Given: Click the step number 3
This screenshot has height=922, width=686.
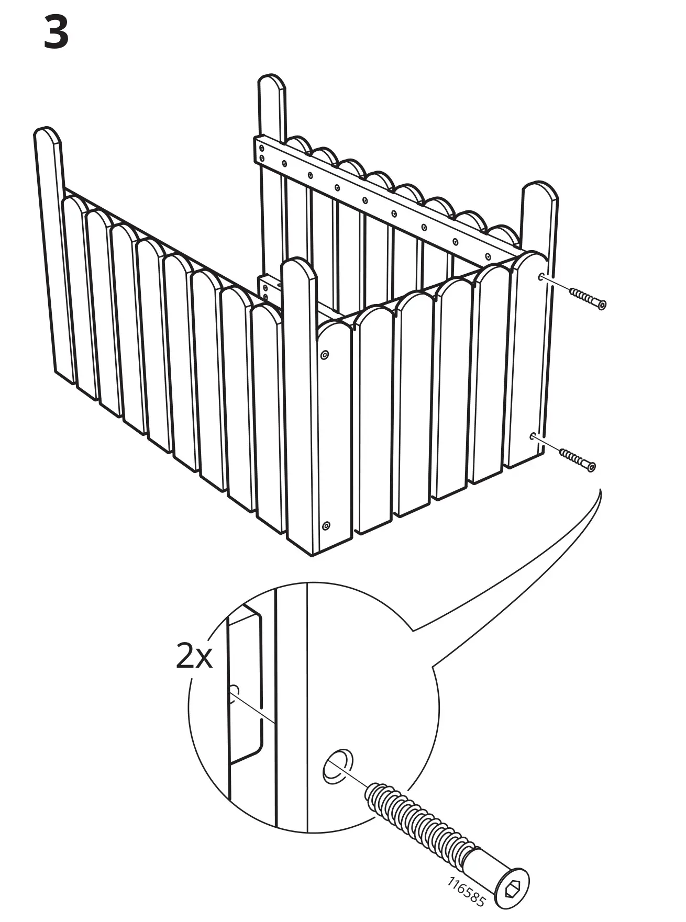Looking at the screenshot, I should point(56,32).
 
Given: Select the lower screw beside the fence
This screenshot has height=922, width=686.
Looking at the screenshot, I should point(578,459).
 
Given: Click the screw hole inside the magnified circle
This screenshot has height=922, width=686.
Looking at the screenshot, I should point(337,766).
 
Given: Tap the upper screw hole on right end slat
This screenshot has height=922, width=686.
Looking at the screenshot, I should point(541,276).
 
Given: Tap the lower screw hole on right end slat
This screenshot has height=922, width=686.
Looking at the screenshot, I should point(533,435).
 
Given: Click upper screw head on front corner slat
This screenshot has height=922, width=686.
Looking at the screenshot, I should point(324,355).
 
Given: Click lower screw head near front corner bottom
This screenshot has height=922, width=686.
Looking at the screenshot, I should point(326,525).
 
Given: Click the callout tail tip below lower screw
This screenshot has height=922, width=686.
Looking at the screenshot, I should point(600,490).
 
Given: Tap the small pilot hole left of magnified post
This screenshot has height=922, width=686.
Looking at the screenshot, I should point(234,691).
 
